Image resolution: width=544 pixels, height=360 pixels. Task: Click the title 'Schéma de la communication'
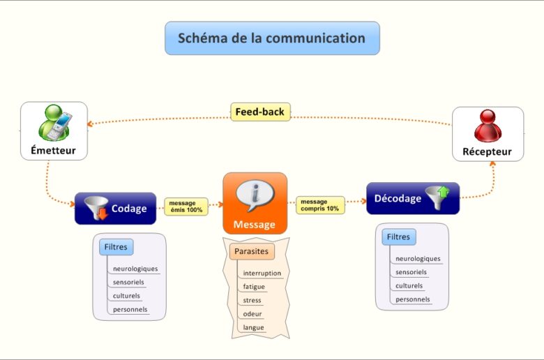click(272, 38)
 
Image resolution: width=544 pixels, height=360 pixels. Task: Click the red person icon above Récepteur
click(488, 126)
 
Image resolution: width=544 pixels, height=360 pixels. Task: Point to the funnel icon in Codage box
click(96, 208)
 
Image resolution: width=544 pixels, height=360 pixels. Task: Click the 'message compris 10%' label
click(319, 205)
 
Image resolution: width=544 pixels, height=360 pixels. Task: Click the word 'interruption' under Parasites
click(262, 273)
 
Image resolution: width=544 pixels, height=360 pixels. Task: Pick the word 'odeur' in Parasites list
click(252, 314)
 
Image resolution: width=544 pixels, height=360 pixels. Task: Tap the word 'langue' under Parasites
click(254, 327)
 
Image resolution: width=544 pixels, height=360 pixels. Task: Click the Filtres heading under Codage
click(116, 247)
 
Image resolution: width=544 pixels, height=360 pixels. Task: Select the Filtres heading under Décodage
click(399, 237)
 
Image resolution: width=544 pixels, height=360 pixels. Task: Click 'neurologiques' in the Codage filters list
click(135, 269)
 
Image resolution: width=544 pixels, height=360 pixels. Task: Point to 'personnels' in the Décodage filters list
click(413, 299)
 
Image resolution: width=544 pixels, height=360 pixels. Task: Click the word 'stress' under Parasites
click(252, 301)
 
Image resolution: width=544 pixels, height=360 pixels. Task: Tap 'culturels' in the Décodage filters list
click(409, 286)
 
